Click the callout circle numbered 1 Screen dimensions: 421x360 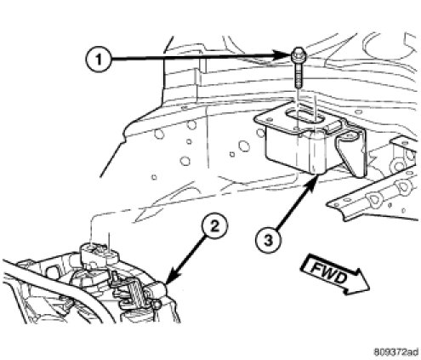pos(98,60)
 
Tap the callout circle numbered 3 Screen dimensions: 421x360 pos(268,241)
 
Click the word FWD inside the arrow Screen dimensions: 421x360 pos(328,272)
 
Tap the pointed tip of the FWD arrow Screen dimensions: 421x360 pos(369,289)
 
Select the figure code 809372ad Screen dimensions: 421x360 pos(395,352)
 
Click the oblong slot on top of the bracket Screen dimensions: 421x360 pos(304,117)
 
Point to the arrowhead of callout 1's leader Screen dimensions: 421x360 pos(285,54)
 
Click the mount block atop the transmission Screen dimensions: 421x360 pos(98,253)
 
